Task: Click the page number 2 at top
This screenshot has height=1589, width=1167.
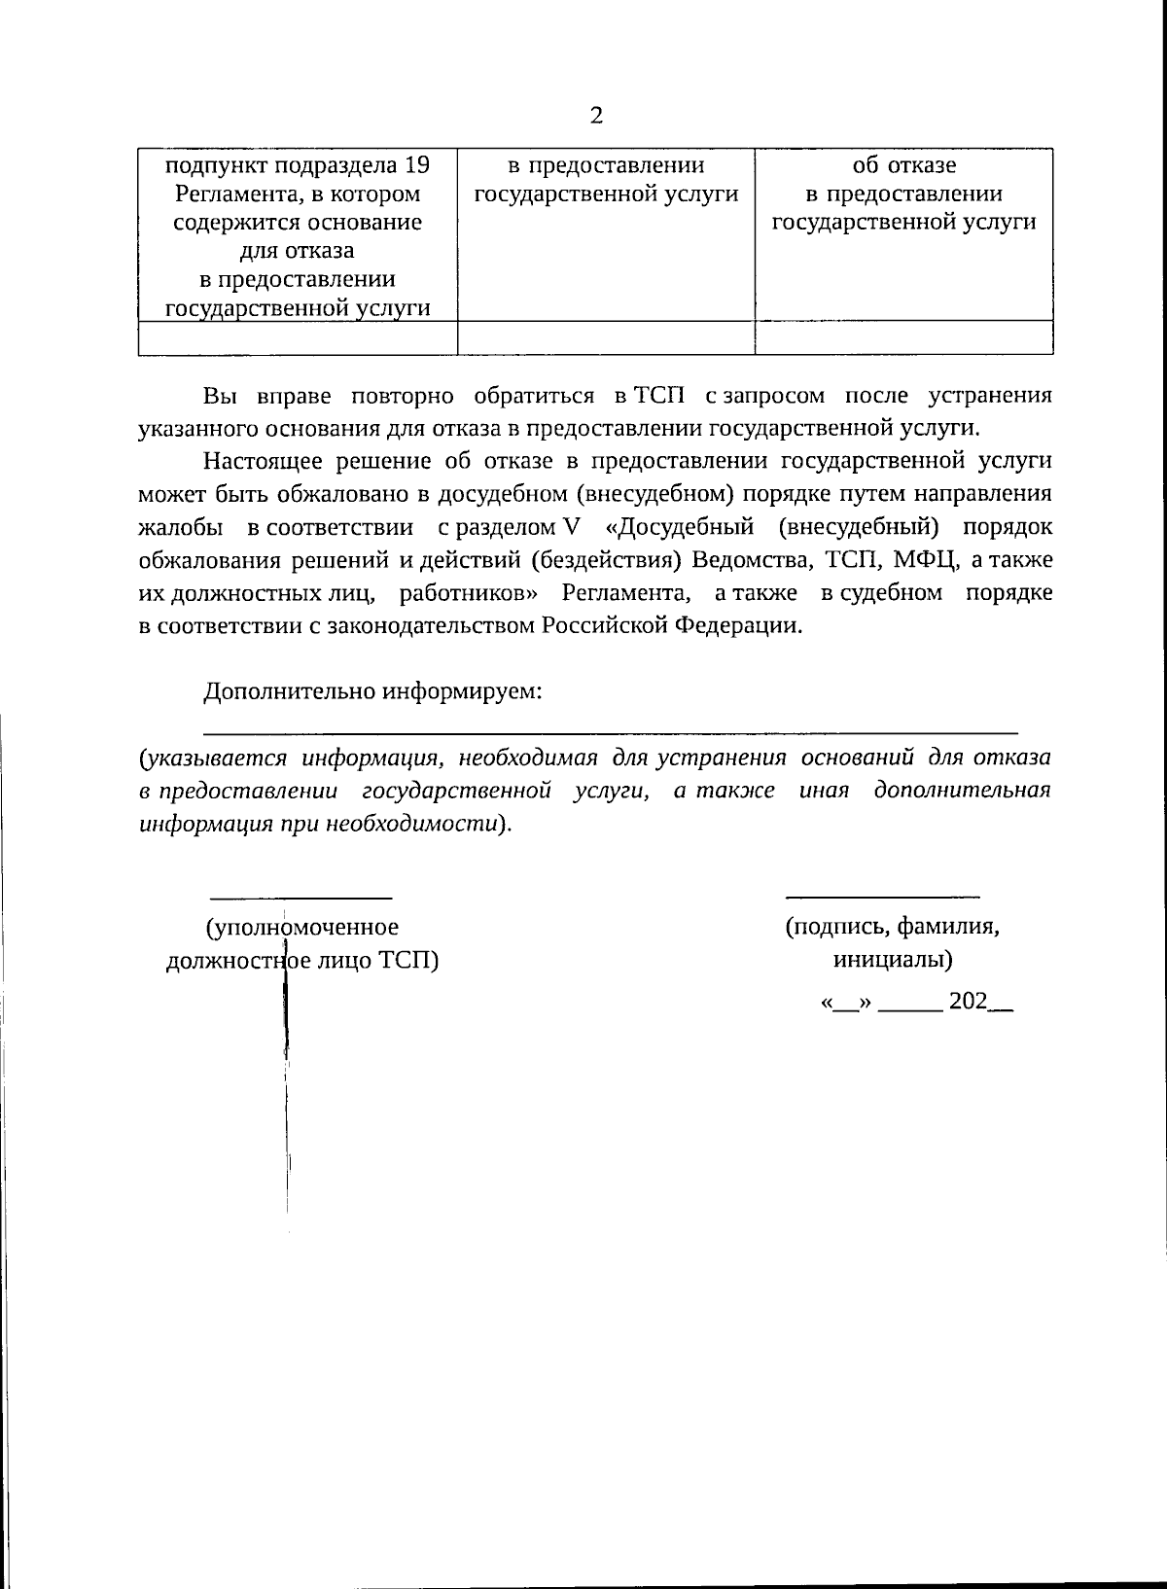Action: pyautogui.click(x=596, y=116)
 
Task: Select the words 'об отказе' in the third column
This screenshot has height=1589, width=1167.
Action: pyautogui.click(x=903, y=164)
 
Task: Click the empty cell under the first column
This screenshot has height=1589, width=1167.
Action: pyautogui.click(x=298, y=337)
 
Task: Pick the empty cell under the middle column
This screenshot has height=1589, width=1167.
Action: pyautogui.click(x=606, y=337)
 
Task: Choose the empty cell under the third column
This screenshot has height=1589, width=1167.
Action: pyautogui.click(x=903, y=337)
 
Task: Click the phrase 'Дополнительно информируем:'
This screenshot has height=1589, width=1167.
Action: pyautogui.click(x=372, y=692)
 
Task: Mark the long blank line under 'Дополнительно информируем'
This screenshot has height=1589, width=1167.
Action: pyautogui.click(x=610, y=730)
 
